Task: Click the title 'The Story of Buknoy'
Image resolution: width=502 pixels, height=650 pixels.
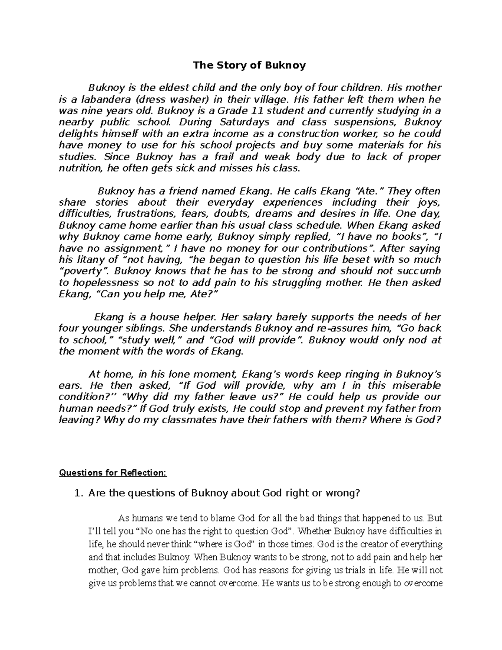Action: pos(249,65)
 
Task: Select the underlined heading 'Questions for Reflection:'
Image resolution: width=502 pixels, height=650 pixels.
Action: pos(113,473)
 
